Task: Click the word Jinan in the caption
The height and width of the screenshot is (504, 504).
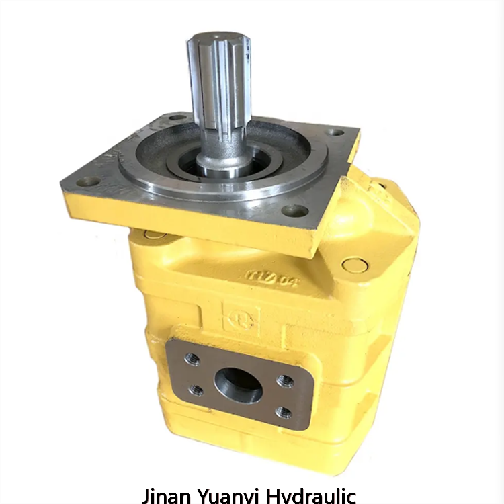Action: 165,495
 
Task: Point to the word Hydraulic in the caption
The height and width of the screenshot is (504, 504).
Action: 311,495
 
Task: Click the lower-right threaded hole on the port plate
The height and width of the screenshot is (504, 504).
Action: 284,411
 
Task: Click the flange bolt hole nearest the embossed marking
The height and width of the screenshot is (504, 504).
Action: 294,210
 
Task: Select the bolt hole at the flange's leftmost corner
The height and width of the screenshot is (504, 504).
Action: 89,181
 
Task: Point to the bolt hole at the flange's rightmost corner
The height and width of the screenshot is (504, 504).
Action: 337,132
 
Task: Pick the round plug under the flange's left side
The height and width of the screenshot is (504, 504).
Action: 154,234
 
